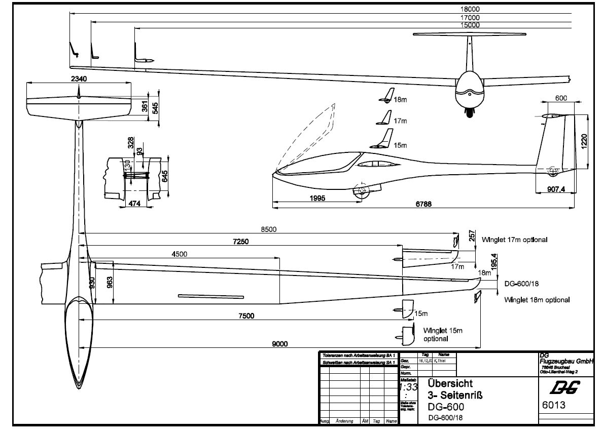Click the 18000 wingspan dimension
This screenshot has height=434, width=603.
pos(470,9)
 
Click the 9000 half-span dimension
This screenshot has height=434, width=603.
pos(279,344)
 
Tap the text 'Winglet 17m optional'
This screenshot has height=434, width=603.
pos(515,240)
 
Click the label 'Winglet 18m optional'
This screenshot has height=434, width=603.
pos(537,300)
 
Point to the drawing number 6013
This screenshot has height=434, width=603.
pos(554,405)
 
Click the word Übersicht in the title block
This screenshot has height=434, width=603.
pos(451,384)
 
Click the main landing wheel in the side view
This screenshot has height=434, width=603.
pos(361,191)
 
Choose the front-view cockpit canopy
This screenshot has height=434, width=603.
pos(471,84)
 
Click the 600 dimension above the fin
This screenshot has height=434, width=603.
pos(561,98)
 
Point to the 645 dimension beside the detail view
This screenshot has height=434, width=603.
pos(164,176)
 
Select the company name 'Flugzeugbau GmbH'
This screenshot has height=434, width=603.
pos(565,361)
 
